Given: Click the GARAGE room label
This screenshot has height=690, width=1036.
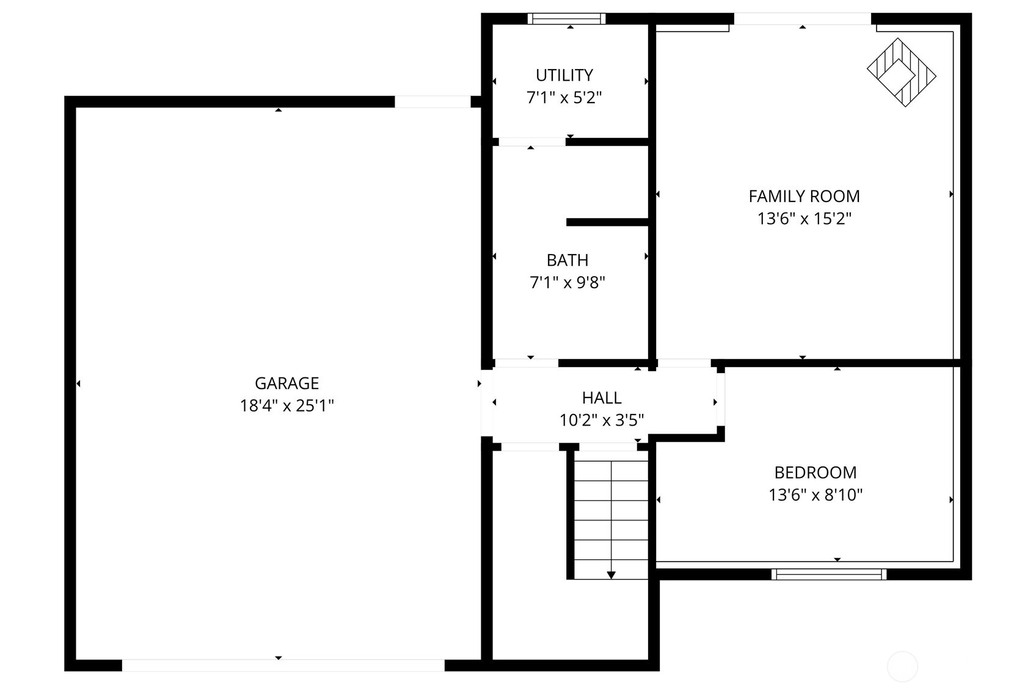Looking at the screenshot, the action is point(286,383).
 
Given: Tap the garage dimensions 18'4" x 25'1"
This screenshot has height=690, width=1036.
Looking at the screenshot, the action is point(286,405).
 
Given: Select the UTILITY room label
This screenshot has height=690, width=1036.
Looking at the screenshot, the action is point(564,75).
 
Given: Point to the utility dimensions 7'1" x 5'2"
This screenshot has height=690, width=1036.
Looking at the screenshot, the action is point(564,98).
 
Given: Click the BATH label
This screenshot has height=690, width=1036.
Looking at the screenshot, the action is point(567,260).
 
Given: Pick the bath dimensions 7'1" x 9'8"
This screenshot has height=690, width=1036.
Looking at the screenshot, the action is point(567,282).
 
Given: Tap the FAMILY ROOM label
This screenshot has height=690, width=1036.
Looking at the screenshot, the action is point(804,196).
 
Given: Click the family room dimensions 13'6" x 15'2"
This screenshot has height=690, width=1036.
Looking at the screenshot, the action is point(804,218).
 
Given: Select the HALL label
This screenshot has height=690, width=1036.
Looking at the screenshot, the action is point(602,398).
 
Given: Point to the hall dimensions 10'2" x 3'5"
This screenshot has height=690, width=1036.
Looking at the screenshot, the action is point(602,420).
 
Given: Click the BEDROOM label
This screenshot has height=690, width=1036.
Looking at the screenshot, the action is point(815,472).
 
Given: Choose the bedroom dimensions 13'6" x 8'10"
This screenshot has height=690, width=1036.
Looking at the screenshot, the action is point(815,495).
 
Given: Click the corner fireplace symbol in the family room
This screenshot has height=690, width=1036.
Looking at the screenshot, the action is point(902,73).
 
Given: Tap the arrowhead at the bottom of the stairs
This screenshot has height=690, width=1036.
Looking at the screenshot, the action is point(611,575).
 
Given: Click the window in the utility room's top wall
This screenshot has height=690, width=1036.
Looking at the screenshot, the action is point(567,18).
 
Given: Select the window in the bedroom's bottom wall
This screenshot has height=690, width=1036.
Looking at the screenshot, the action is point(829,574).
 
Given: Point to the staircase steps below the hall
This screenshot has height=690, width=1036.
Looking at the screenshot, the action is point(611,520).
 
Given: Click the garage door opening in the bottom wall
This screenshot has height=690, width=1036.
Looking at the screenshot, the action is point(283,665).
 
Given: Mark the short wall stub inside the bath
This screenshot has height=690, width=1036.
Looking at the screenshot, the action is point(607,222).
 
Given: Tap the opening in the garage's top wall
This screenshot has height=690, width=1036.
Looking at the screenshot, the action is point(432,102).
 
